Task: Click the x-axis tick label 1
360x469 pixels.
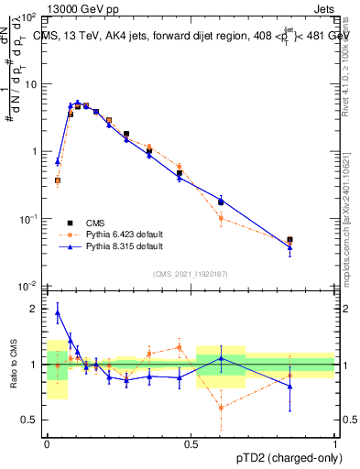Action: click(335, 442)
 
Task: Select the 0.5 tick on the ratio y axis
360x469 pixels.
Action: click(32, 420)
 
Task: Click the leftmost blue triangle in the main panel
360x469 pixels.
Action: click(58, 161)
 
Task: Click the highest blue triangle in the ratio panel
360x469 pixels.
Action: click(58, 312)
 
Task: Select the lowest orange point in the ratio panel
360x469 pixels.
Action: click(221, 408)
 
